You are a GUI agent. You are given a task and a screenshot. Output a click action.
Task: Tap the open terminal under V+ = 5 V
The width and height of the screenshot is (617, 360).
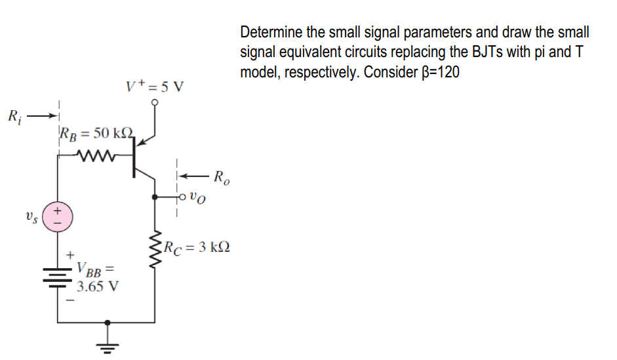click(155, 103)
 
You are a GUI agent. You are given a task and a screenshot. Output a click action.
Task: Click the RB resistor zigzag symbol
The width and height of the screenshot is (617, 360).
click(96, 156)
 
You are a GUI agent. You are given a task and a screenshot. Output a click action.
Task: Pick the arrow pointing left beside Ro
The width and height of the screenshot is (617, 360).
click(195, 176)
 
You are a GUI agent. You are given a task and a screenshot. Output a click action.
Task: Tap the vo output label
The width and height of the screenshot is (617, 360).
click(199, 196)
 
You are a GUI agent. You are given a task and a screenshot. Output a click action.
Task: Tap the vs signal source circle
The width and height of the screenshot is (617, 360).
click(58, 216)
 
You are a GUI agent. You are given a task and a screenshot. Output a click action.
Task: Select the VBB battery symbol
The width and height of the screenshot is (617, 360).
click(58, 277)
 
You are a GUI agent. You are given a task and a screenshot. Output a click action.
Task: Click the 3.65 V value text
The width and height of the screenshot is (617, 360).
click(97, 287)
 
